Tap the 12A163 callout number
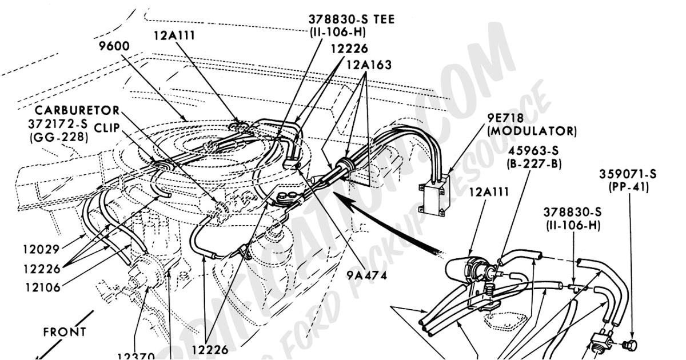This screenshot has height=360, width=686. tap(369, 65)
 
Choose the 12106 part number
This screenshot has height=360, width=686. tap(42, 287)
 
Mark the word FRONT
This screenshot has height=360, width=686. tap(65, 332)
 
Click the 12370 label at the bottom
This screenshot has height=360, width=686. tap(135, 355)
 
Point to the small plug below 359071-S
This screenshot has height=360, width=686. tap(630, 345)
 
